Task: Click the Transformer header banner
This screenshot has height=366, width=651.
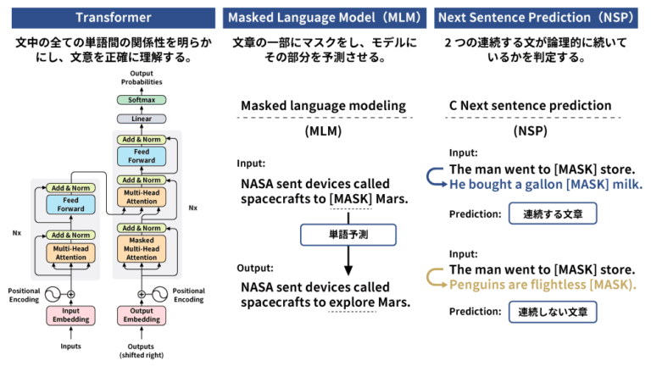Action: pyautogui.click(x=108, y=17)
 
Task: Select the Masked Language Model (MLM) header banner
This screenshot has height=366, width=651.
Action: pyautogui.click(x=324, y=17)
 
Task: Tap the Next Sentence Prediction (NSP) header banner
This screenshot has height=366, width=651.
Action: pyautogui.click(x=542, y=17)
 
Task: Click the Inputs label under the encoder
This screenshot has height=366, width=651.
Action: pyautogui.click(x=71, y=347)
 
